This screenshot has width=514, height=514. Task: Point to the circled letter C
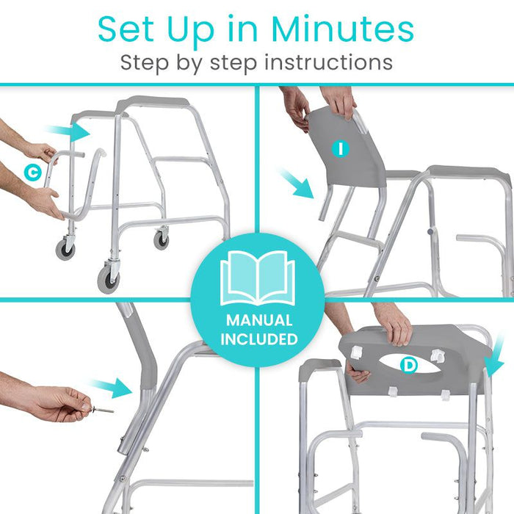tap(32, 173)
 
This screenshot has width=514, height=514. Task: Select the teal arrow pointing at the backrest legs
tap(295, 183)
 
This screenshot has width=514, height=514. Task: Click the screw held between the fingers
tap(103, 409)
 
